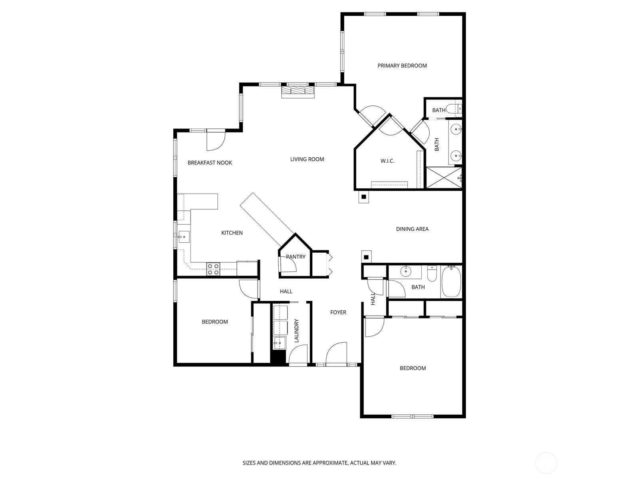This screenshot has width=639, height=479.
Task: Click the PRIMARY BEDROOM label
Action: (x=402, y=65)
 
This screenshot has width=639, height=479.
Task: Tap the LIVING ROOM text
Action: (x=307, y=159)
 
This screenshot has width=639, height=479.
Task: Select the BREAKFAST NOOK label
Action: (x=210, y=162)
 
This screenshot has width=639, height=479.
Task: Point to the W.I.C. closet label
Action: (x=387, y=161)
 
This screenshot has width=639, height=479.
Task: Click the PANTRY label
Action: (x=296, y=257)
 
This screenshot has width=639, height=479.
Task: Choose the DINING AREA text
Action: (x=412, y=229)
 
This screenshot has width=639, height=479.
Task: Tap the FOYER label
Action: (x=338, y=312)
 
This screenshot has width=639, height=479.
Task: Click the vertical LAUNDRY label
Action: (x=296, y=331)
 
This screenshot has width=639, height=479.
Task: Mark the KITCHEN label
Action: (x=232, y=233)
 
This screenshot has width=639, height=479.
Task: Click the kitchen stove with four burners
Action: (x=213, y=269)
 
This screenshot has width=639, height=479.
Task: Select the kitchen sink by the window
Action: (x=184, y=237)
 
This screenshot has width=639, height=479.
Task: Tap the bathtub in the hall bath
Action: (x=451, y=282)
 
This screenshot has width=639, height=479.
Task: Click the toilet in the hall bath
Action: (x=432, y=273)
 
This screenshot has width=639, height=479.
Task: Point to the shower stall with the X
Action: (x=444, y=178)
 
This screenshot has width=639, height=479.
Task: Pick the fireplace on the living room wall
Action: (x=298, y=91)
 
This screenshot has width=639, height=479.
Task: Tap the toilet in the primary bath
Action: (x=453, y=109)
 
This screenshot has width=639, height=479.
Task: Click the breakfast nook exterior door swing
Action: (x=216, y=141)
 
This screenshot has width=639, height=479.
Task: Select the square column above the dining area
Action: (x=364, y=197)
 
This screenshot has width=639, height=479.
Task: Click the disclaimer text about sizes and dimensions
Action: (x=319, y=463)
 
